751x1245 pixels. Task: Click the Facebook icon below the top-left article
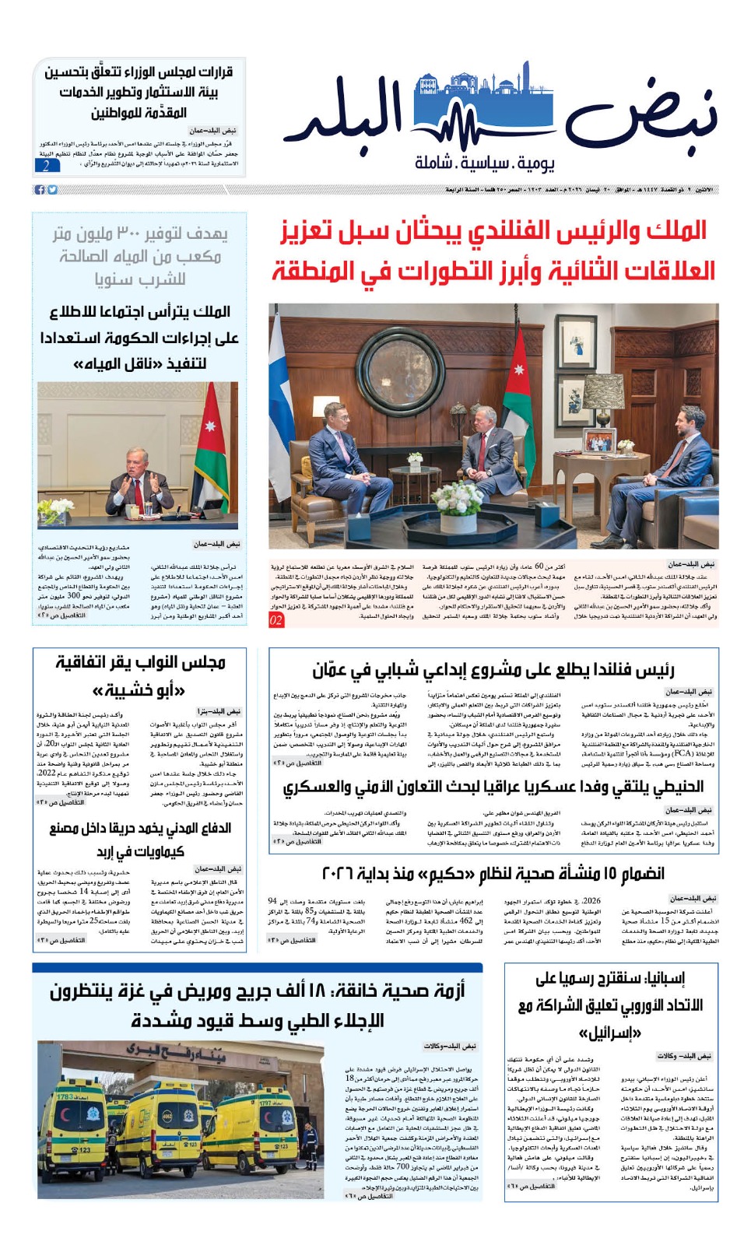[x=40, y=190]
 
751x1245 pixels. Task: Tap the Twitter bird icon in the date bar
[x=52, y=190]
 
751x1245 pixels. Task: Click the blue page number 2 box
[x=47, y=165]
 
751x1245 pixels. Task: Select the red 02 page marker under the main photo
[x=276, y=620]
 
